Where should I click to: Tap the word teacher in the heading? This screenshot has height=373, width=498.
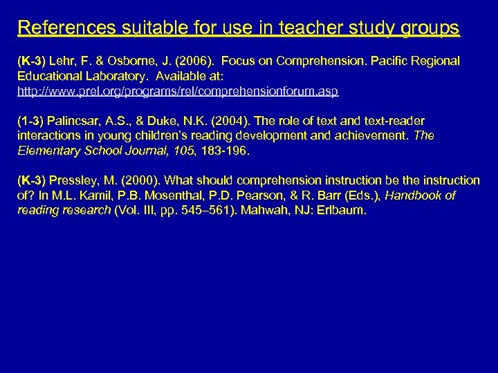(299, 28)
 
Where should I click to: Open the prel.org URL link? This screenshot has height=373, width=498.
(178, 90)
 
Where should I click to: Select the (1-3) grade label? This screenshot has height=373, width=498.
(30, 121)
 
